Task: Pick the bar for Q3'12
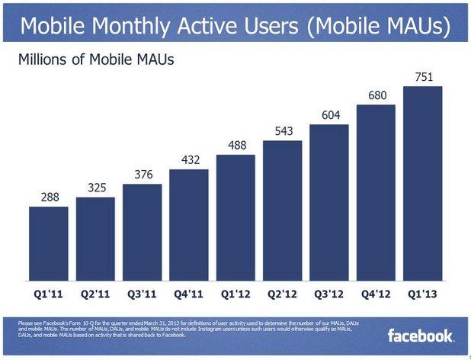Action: pos(329,201)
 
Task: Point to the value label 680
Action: pos(376,95)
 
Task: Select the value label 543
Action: pos(283,131)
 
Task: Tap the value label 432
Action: pos(189,159)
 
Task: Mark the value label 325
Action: pos(95,188)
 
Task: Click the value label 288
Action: pos(48,197)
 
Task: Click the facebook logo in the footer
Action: pos(421,336)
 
